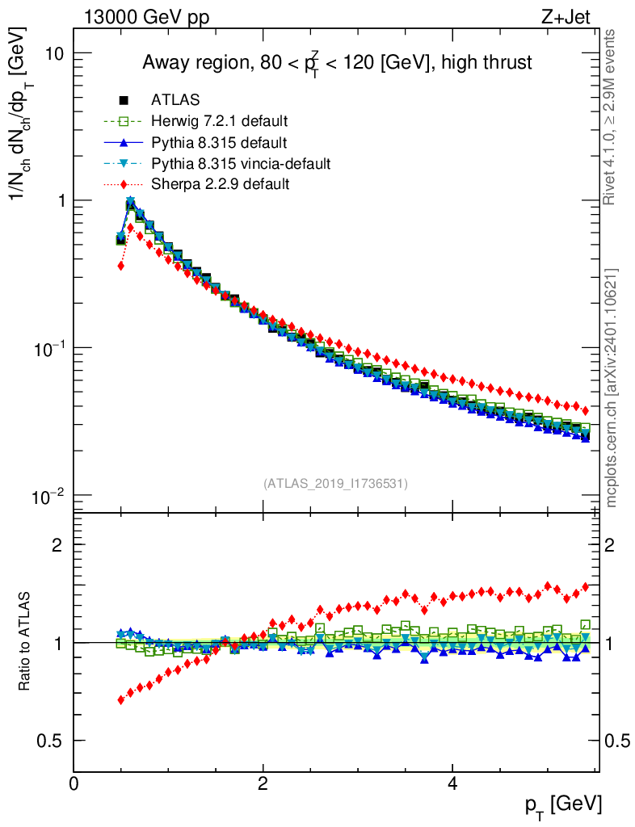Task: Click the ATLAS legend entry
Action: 175,100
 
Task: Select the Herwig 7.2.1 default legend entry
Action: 219,121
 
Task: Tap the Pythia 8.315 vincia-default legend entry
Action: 240,164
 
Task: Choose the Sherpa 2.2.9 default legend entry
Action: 220,185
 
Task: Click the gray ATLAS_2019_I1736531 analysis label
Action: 335,484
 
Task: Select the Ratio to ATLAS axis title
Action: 26,642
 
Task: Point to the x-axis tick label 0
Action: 74,783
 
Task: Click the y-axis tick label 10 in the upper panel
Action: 54,53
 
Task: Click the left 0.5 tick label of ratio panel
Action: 49,741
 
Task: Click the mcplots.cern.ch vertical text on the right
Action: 612,388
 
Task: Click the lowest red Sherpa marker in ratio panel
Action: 121,699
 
